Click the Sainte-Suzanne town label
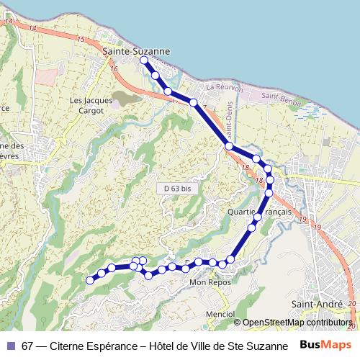[136, 52]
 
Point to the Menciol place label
[220, 314]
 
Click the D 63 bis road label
[176, 188]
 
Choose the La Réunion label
[221, 86]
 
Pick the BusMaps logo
[325, 346]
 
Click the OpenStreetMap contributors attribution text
[295, 323]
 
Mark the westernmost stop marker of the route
[90, 280]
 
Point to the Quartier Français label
[258, 212]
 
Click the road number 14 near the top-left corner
[9, 22]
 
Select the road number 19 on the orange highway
[303, 219]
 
